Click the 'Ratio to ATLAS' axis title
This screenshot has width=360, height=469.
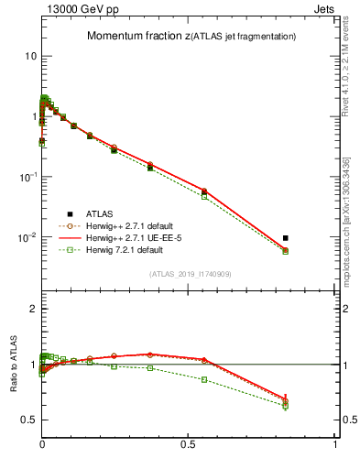(x=14, y=365)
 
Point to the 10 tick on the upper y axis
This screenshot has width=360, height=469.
(x=30, y=56)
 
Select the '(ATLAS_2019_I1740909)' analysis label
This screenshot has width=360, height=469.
(x=188, y=274)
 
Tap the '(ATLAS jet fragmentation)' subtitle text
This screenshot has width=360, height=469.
(x=241, y=37)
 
